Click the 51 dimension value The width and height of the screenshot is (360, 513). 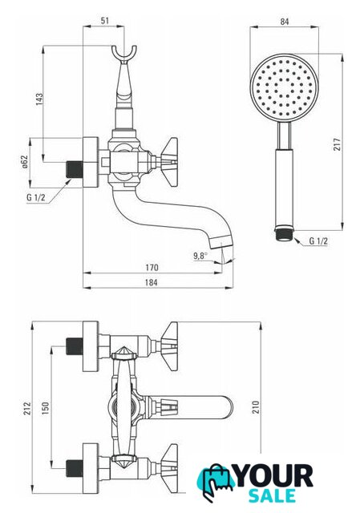tap(104, 21)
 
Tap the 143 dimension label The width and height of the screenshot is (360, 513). tap(39, 99)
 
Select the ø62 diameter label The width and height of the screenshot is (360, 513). tap(25, 162)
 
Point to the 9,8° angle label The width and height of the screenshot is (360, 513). tap(200, 256)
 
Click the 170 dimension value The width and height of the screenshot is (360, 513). tap(152, 267)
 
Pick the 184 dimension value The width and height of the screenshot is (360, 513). tap(151, 282)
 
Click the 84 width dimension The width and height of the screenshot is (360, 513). tap(285, 22)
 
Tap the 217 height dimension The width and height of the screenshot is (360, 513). tap(337, 144)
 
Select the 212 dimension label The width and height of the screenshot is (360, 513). tap(26, 408)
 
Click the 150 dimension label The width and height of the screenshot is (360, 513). tap(45, 408)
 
